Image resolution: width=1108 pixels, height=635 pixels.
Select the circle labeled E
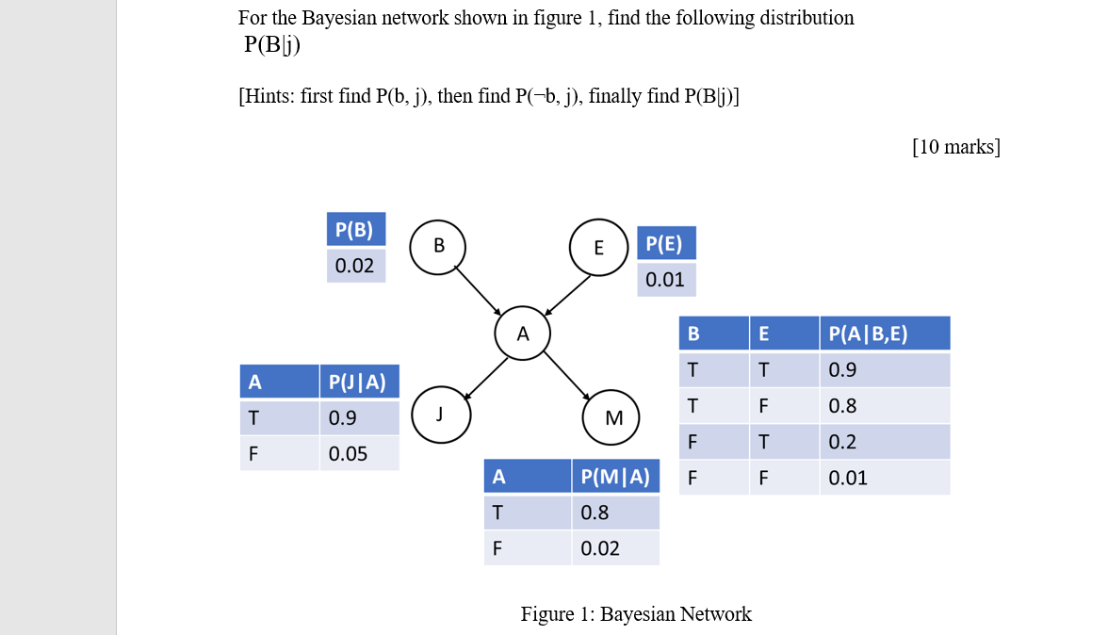598,248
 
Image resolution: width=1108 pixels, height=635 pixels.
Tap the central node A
523,334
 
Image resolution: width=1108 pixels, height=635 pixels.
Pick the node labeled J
439,414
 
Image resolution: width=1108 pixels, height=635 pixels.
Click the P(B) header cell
356,229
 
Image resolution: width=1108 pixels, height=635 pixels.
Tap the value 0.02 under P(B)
356,266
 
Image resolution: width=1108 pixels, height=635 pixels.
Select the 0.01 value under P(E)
666,280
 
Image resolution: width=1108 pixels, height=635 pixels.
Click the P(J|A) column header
359,382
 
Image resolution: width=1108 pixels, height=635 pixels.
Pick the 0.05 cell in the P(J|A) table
359,454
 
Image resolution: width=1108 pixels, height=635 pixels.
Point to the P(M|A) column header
615,477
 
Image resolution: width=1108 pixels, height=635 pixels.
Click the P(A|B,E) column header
884,334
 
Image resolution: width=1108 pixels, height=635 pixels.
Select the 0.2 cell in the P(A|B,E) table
884,442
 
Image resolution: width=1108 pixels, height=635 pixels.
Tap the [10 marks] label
956,147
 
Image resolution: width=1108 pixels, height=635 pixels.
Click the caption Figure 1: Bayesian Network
636,614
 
